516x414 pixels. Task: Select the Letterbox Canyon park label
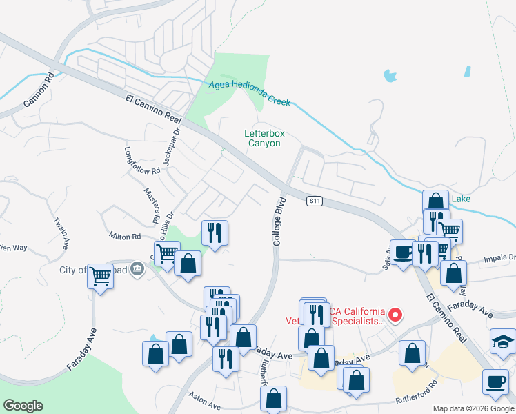tap(264, 138)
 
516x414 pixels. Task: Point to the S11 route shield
tap(315, 201)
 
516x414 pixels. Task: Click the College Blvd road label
tap(279, 221)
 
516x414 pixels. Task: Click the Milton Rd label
tap(124, 236)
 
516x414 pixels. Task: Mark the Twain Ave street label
tap(62, 233)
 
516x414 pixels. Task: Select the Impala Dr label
tap(502, 257)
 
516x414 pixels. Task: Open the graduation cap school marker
tap(503, 340)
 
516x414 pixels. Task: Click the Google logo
tap(23, 406)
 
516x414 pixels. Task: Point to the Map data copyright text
tap(473, 408)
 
